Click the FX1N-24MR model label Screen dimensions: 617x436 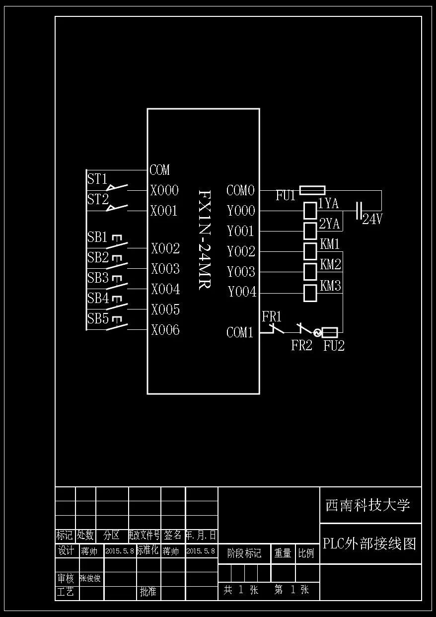pyautogui.click(x=204, y=239)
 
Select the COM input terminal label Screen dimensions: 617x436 pyautogui.click(x=159, y=170)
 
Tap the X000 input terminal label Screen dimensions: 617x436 pyautogui.click(x=164, y=191)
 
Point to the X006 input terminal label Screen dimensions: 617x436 pyautogui.click(x=165, y=330)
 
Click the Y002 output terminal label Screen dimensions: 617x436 pyautogui.click(x=241, y=252)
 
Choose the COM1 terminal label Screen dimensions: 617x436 pyautogui.click(x=240, y=333)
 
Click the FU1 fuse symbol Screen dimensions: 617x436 pyautogui.click(x=313, y=190)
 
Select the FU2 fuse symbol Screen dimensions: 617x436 pyautogui.click(x=330, y=332)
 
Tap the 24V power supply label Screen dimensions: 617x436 pyautogui.click(x=372, y=219)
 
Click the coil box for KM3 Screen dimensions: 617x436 pyautogui.click(x=310, y=293)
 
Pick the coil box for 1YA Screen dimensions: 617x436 pyautogui.click(x=310, y=211)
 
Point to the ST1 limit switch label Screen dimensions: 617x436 pyautogui.click(x=97, y=179)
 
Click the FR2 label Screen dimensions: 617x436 pyautogui.click(x=301, y=346)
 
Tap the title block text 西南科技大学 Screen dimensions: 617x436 pyautogui.click(x=367, y=505)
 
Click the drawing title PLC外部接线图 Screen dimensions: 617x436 pyautogui.click(x=369, y=543)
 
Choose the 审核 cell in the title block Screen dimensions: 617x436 pyautogui.click(x=65, y=578)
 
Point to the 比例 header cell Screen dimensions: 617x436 pyautogui.click(x=306, y=553)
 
